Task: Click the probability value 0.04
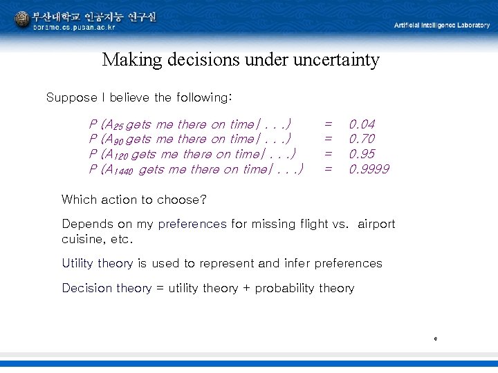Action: (x=362, y=124)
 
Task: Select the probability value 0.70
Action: (x=362, y=139)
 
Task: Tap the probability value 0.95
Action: (x=362, y=154)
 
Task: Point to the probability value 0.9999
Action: (x=369, y=169)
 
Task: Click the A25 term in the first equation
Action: (x=115, y=126)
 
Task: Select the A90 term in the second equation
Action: (x=115, y=140)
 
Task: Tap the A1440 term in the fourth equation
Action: (x=120, y=170)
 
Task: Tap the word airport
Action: (x=376, y=224)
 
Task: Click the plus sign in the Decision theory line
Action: (x=246, y=288)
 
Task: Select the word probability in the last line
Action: (x=285, y=289)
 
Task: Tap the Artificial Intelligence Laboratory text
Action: (x=441, y=25)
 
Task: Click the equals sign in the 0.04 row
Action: (x=329, y=124)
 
